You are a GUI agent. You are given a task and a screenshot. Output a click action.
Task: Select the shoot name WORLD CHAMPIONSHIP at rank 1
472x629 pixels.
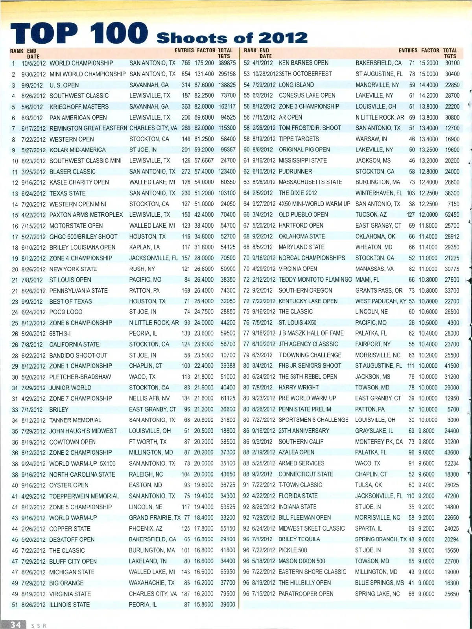81,63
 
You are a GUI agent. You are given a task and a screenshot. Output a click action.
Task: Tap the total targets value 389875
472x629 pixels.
227,63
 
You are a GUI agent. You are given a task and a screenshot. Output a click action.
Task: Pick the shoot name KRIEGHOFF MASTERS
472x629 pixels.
79,107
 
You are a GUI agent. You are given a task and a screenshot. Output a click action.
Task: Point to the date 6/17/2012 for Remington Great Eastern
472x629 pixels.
33,128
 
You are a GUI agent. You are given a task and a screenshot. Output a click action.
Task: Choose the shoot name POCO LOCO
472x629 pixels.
66,312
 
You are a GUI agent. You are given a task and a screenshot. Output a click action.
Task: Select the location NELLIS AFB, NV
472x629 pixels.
149,398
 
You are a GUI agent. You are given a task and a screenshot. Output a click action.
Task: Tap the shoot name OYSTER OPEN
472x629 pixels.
68,485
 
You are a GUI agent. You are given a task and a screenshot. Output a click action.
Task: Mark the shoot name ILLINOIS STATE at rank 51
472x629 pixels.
69,605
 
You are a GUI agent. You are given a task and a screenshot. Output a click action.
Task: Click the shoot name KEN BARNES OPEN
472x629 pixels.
303,63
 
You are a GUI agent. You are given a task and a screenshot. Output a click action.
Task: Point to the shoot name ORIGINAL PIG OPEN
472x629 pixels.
304,149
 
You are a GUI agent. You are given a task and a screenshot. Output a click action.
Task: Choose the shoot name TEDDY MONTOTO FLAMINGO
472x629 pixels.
315,280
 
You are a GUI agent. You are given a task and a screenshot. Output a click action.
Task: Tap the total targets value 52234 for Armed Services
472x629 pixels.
452,463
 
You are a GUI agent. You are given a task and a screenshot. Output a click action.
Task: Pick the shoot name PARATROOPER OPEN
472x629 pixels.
306,594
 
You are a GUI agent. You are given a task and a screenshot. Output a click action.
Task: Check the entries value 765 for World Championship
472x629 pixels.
186,63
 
